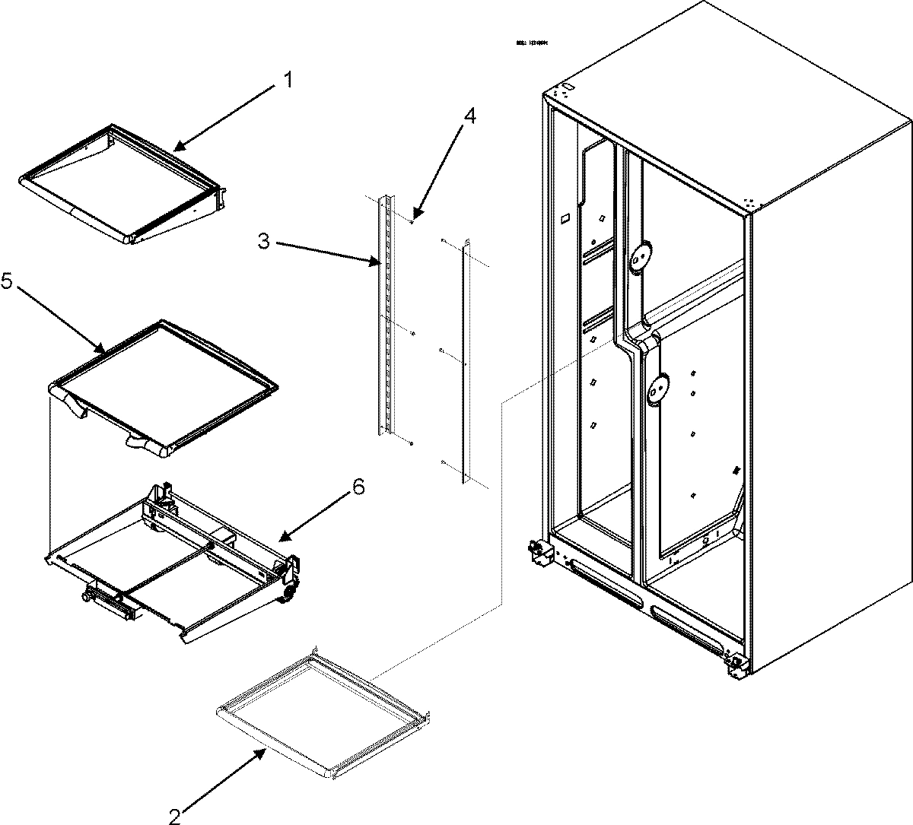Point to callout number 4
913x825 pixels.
click(470, 117)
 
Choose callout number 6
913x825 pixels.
click(358, 487)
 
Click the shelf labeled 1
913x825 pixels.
click(122, 186)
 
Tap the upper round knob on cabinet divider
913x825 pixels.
click(641, 258)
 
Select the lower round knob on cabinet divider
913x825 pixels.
click(658, 389)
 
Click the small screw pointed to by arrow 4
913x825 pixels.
click(411, 221)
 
